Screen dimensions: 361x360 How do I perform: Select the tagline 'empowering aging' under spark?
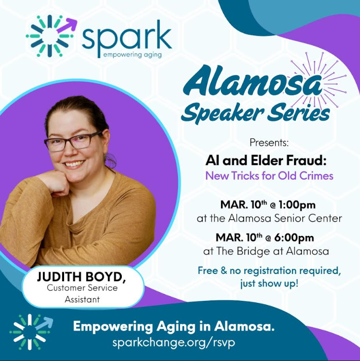click(x=132, y=55)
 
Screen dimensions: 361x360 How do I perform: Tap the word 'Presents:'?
click(x=269, y=143)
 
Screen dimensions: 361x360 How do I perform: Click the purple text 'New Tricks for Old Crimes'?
click(x=269, y=176)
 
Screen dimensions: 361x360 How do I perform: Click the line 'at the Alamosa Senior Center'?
click(x=269, y=218)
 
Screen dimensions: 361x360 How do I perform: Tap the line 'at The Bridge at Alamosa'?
click(x=266, y=251)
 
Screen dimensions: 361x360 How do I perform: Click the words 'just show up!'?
click(x=269, y=284)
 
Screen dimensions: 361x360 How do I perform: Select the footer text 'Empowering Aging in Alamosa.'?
click(x=174, y=326)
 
